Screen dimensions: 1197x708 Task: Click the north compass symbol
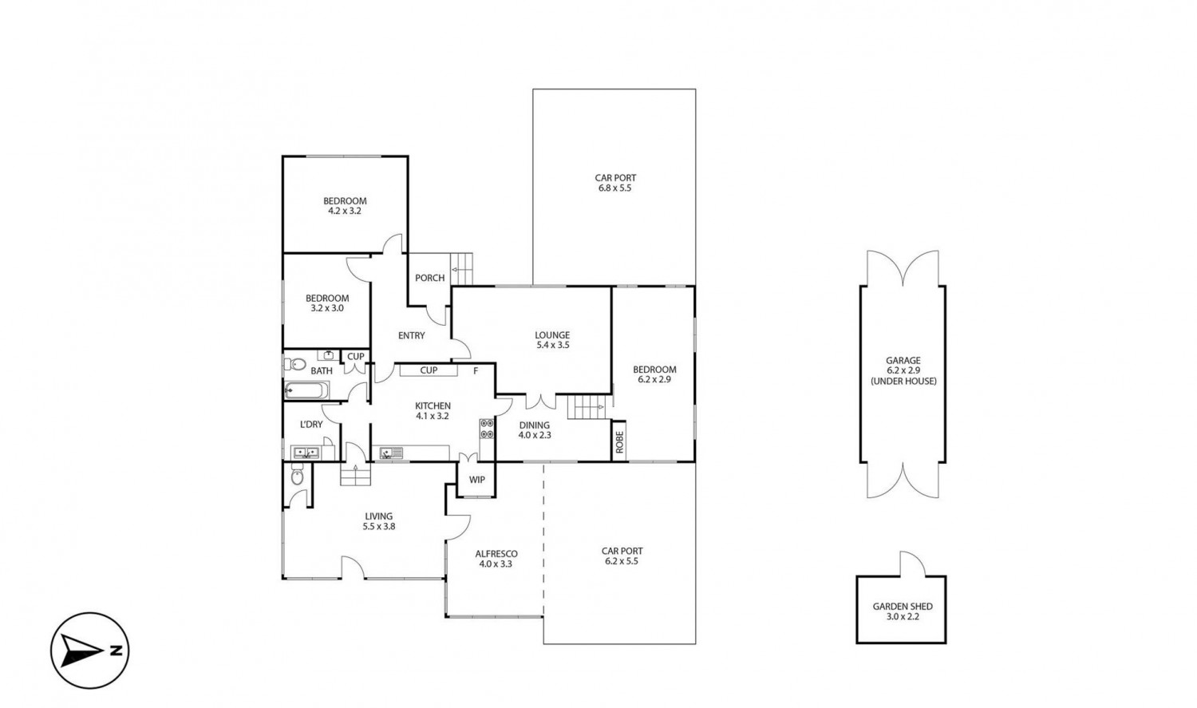coord(89,651)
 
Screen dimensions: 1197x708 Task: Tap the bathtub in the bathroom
coord(306,390)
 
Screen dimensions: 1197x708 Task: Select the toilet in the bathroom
coord(294,365)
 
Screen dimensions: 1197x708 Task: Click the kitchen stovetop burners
coord(487,429)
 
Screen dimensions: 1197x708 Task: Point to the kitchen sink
coord(391,453)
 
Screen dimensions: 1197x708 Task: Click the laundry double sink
coord(306,453)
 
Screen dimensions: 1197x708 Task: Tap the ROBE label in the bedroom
coord(619,442)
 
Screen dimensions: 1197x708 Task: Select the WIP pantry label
coord(476,480)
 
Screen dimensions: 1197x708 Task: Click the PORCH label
coord(429,278)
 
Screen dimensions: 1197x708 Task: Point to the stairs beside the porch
coord(462,269)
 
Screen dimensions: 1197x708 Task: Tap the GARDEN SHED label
coord(903,607)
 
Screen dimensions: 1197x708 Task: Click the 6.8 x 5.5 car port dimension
coord(615,188)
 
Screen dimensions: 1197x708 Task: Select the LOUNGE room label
coord(552,335)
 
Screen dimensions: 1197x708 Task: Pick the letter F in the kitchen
coord(476,371)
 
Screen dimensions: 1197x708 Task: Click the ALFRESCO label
coord(496,554)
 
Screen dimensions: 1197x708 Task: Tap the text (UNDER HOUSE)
coord(903,381)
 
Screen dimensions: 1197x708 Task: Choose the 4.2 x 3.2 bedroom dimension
coord(345,211)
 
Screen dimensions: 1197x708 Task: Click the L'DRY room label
coord(311,425)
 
